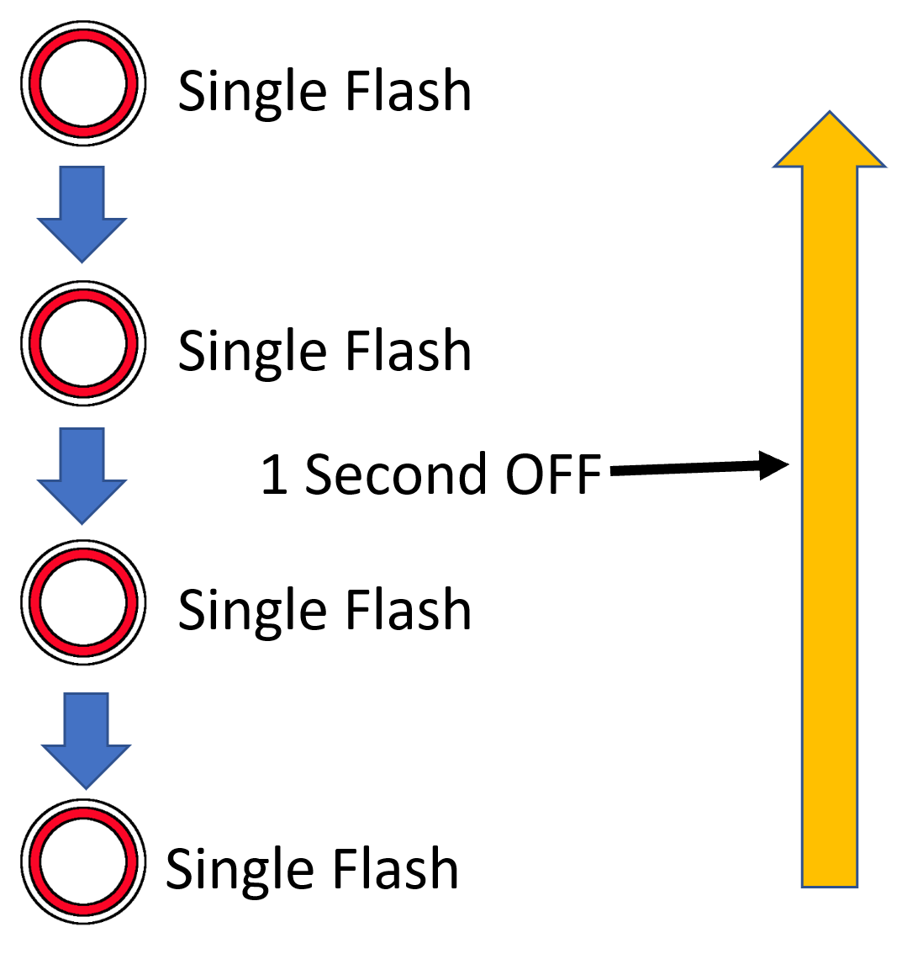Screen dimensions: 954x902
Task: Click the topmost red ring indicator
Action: [82, 84]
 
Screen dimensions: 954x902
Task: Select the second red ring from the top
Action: [82, 344]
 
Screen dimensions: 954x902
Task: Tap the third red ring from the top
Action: [82, 603]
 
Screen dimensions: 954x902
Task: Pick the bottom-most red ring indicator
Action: [82, 861]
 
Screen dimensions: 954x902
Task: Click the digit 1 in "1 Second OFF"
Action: [275, 474]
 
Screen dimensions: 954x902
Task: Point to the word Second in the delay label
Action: [395, 474]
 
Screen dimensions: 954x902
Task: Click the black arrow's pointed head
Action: [774, 465]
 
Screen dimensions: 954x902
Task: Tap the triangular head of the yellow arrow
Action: [829, 143]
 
